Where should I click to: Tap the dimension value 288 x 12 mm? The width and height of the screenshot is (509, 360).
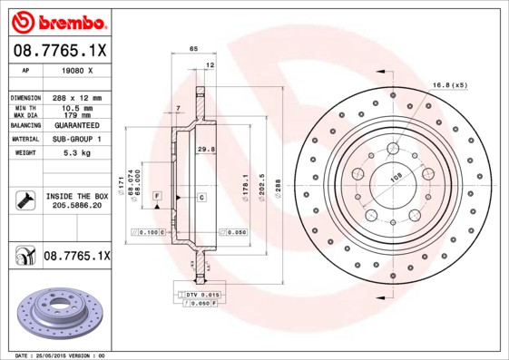(x=77, y=97)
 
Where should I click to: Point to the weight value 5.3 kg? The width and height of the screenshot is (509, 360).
(x=77, y=153)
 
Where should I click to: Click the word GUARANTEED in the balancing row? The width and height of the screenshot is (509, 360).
(x=77, y=126)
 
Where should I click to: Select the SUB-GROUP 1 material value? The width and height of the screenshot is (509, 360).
(x=77, y=140)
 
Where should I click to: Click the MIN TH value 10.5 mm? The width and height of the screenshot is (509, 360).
(x=77, y=108)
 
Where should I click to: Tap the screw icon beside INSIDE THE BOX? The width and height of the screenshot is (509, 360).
(x=24, y=200)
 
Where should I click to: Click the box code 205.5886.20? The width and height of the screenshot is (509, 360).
(x=77, y=207)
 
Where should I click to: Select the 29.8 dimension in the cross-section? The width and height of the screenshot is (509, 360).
(x=205, y=149)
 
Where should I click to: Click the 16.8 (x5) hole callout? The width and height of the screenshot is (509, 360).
(x=449, y=84)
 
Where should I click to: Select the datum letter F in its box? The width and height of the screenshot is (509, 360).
(x=157, y=196)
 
